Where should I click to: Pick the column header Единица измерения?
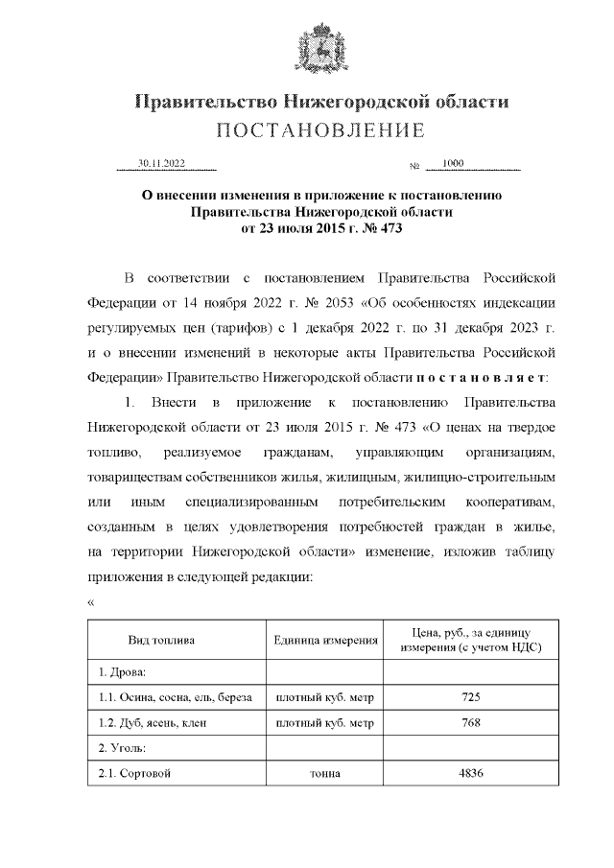coord(324,641)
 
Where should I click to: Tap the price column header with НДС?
coord(470,641)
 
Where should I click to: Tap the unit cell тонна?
coord(324,774)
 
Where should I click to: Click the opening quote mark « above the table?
coord(91,601)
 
